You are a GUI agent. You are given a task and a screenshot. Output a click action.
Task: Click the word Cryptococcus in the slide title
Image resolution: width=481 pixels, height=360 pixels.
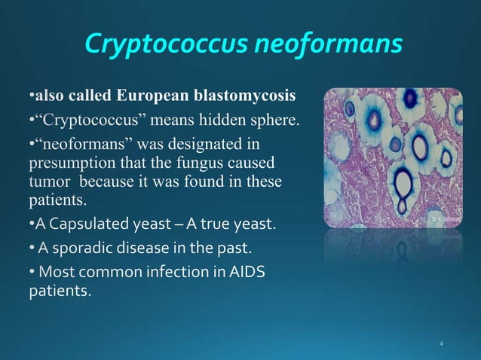[x=164, y=45]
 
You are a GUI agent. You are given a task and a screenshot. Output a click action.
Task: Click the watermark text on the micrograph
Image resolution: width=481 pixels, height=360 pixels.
[x=443, y=218]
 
